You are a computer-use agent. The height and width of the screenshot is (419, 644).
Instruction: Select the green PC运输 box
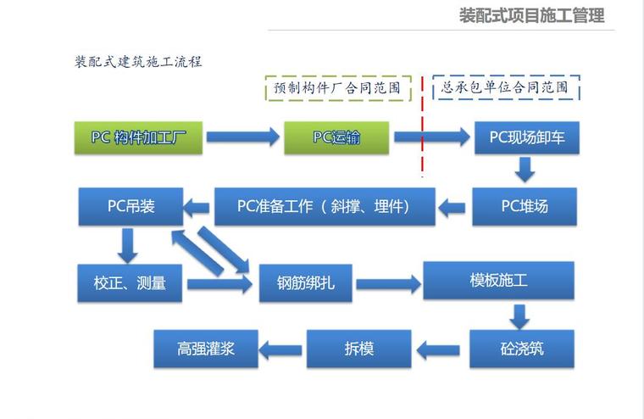tap(336, 137)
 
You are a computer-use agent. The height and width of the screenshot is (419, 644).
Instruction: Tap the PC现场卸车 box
tap(526, 137)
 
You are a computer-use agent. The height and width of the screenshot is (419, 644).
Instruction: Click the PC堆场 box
tap(525, 206)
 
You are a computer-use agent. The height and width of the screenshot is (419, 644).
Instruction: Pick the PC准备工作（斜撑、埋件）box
tap(325, 206)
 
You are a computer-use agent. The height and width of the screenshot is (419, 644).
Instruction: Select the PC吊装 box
tap(131, 206)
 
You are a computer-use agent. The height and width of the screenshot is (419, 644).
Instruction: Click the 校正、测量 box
tap(130, 283)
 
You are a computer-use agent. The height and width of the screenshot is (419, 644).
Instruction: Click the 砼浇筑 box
tap(523, 349)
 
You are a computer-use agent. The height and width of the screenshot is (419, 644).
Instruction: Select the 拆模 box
tap(358, 349)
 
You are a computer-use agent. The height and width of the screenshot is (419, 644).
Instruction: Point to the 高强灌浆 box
tap(206, 349)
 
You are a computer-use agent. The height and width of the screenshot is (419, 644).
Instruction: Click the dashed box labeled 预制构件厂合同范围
tap(336, 87)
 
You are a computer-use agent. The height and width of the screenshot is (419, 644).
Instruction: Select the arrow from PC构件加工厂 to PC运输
tap(242, 137)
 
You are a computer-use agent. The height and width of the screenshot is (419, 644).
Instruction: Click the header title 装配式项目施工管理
tap(531, 15)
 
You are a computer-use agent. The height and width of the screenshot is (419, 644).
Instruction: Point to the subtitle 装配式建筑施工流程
tap(138, 62)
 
